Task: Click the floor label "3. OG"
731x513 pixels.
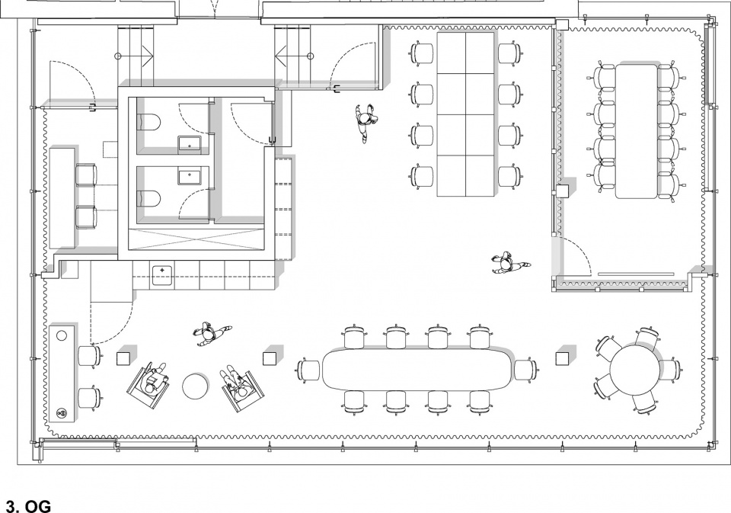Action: point(27,506)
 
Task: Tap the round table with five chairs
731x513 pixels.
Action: point(636,370)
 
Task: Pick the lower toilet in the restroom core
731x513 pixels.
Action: point(149,199)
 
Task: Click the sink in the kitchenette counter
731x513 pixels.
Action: point(161,275)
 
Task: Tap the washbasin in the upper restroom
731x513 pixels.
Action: point(190,145)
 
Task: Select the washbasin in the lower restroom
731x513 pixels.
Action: point(190,178)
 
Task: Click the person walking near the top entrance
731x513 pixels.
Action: point(365,122)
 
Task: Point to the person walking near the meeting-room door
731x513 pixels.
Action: point(508,265)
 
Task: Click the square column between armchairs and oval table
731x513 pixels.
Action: point(270,358)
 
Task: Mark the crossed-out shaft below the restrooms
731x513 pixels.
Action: point(199,242)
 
